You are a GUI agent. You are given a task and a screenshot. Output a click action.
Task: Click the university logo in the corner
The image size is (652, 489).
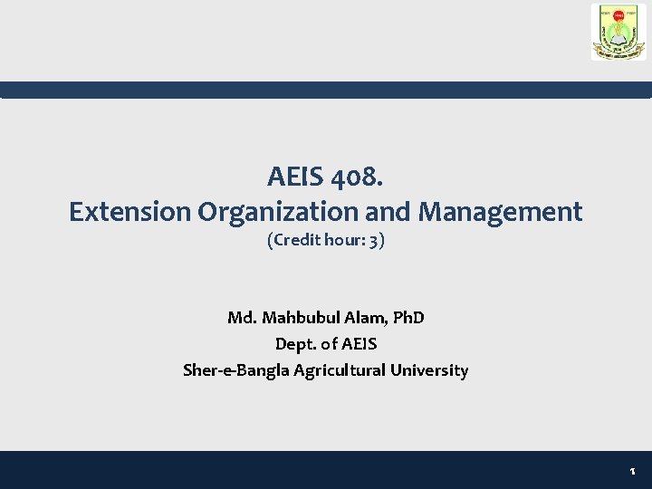point(618,33)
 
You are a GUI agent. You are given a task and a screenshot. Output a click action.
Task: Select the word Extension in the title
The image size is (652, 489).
point(130,212)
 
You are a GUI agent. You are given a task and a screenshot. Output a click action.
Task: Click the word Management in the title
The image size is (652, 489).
point(500,212)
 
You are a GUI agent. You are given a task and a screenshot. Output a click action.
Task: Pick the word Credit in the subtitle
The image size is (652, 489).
point(294,242)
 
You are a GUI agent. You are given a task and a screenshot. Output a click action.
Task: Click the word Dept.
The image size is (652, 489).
point(295,344)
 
